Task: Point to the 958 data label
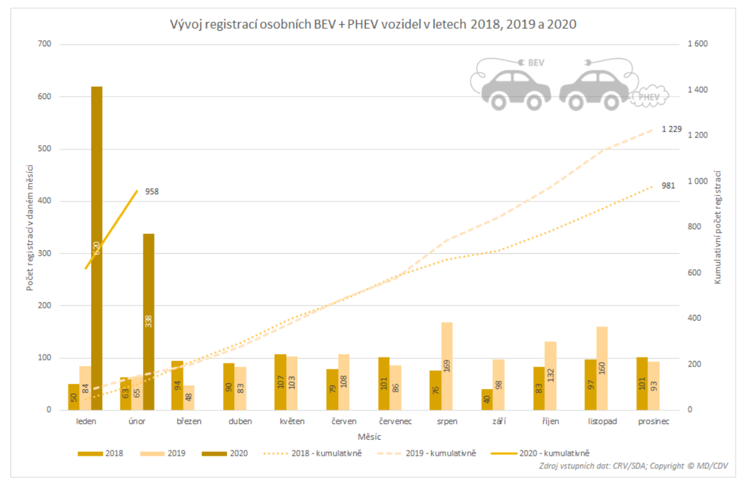152,192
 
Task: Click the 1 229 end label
671,129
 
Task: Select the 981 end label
668,186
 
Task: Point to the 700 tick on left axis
44,44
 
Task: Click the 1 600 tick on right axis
698,44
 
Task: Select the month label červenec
395,421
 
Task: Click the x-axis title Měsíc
369,437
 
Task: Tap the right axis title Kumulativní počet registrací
717,227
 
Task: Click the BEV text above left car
536,63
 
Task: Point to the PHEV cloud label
649,97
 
